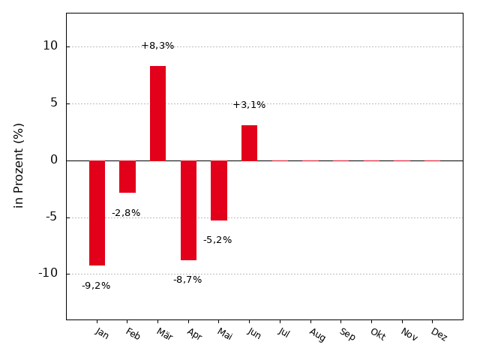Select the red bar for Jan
tap(97, 213)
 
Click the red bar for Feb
tap(127, 177)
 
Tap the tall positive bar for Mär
tap(158, 113)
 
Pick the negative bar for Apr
tap(188, 210)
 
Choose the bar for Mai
tap(219, 190)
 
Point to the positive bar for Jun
tap(249, 143)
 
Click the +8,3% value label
tap(157, 46)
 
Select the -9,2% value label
tap(96, 286)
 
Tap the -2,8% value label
tap(126, 213)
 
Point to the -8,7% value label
tap(187, 280)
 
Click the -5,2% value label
tap(217, 240)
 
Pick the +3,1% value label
tap(249, 105)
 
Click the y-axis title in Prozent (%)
tap(19, 166)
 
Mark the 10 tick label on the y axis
tap(50, 46)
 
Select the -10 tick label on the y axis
tap(48, 273)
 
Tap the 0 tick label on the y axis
tap(54, 160)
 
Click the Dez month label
tap(439, 334)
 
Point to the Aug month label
tap(317, 335)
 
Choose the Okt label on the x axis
tap(378, 334)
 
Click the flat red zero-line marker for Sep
tap(341, 160)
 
